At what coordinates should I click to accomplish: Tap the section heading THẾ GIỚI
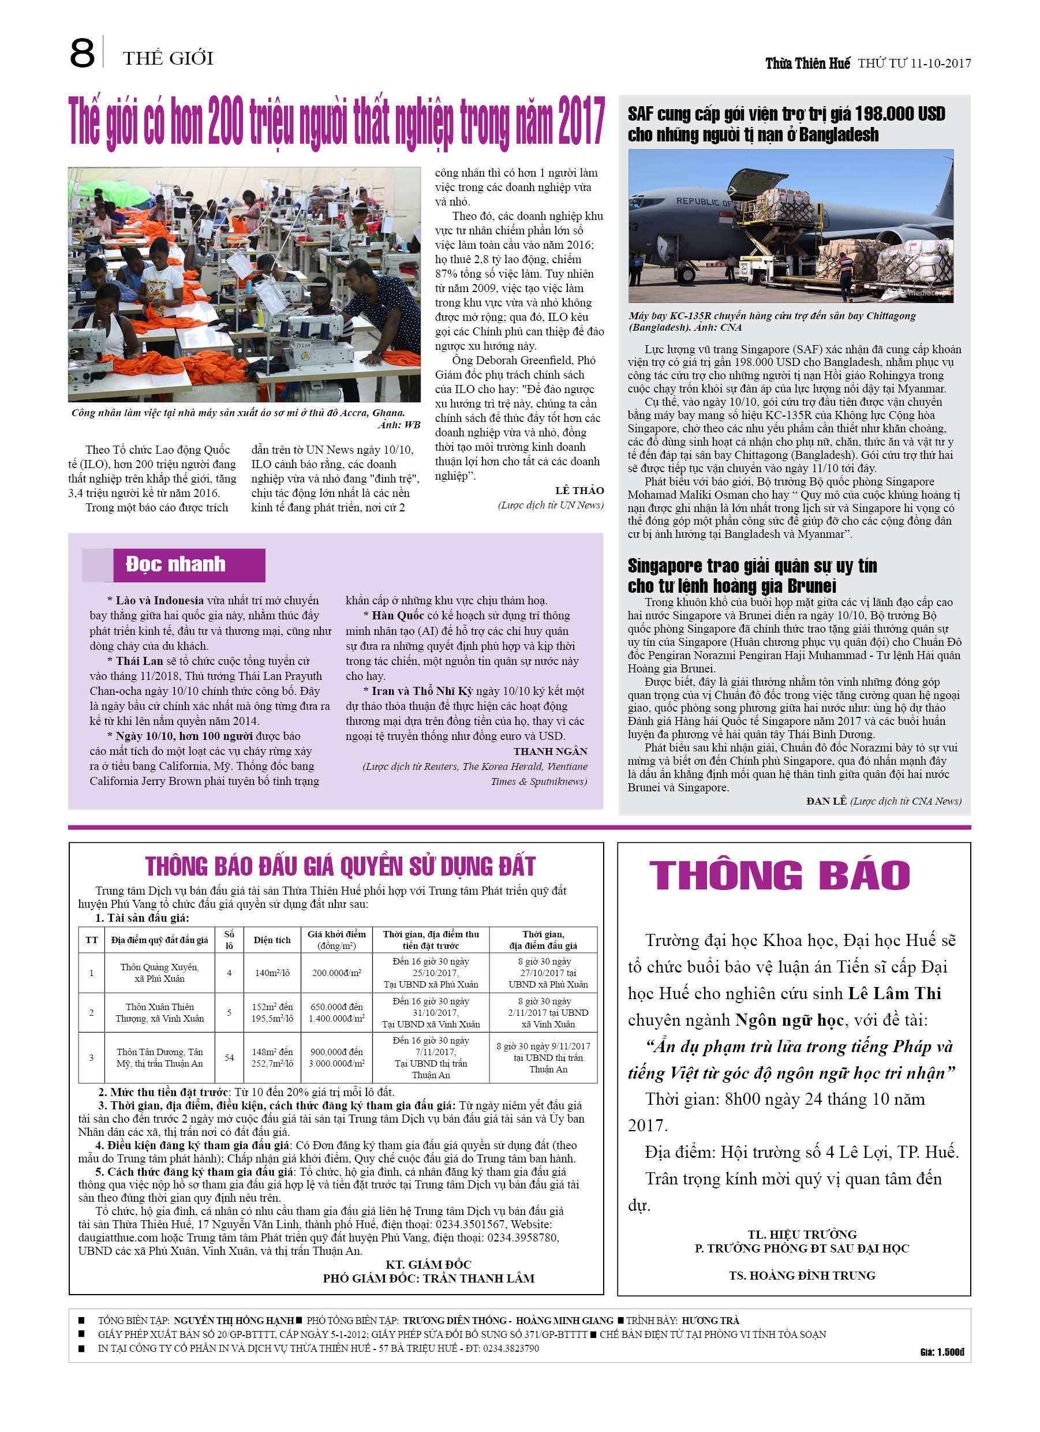pos(168,59)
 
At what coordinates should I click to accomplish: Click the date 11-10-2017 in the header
pos(940,63)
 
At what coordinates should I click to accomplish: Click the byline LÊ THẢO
pos(579,491)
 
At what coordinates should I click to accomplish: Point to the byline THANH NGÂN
pos(550,751)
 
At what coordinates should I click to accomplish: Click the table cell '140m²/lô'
pos(272,973)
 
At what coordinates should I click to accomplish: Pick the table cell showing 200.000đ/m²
pos(336,973)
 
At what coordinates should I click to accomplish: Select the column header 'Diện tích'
pos(272,940)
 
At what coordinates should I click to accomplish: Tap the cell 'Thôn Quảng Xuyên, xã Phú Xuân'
pos(159,973)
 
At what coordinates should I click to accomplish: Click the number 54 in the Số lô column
pos(229,1057)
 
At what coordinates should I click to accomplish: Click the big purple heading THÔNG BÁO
pos(779,876)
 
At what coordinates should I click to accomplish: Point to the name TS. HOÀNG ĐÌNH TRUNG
pos(802,1276)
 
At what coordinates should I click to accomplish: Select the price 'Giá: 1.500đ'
pos(941,1352)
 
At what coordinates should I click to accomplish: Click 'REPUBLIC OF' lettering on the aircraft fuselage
pos(704,202)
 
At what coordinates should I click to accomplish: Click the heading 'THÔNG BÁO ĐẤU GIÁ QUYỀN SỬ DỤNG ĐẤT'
pos(340,867)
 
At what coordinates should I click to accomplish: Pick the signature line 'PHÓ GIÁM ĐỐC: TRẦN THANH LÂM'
pos(428,1278)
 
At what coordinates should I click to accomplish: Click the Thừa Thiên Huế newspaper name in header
pos(807,63)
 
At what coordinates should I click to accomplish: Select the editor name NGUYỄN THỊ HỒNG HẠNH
pos(234,1320)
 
